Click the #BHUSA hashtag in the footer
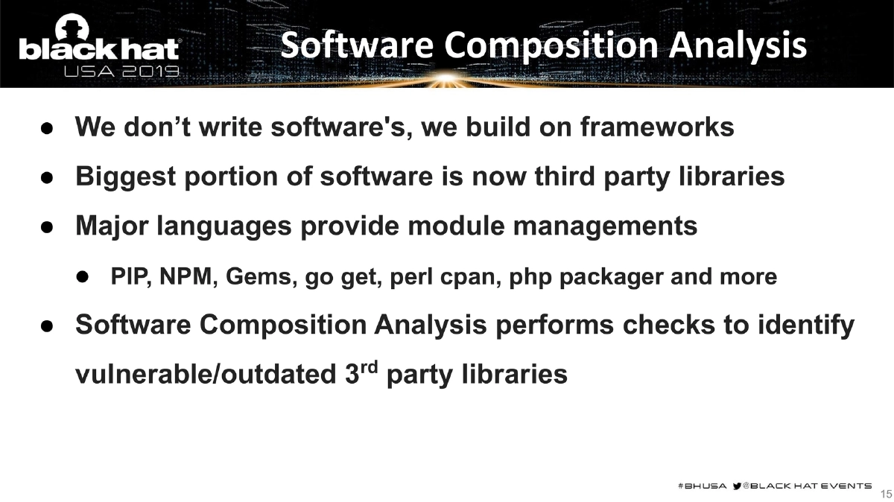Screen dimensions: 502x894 tap(700, 486)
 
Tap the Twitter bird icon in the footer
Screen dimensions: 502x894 tap(738, 486)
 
